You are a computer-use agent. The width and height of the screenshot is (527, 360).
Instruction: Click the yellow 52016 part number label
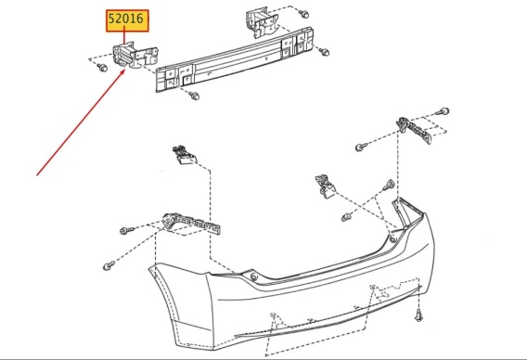pyautogui.click(x=127, y=20)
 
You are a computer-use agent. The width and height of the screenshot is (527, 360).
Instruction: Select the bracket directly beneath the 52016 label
pyautogui.click(x=135, y=56)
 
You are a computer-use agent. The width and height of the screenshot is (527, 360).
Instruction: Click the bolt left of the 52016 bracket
pyautogui.click(x=102, y=67)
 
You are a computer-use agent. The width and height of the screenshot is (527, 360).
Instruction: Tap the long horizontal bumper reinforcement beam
pyautogui.click(x=235, y=59)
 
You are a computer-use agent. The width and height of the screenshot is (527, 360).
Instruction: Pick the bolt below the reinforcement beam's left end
pyautogui.click(x=194, y=96)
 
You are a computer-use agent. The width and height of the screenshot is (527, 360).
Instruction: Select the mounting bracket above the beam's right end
pyautogui.click(x=262, y=21)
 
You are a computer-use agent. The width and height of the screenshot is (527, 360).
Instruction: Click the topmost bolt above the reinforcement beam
pyautogui.click(x=303, y=14)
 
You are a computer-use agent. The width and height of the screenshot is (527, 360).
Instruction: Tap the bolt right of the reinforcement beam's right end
pyautogui.click(x=324, y=52)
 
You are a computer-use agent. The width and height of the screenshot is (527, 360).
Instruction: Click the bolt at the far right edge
pyautogui.click(x=444, y=111)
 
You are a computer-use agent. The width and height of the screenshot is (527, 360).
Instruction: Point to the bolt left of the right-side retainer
pyautogui.click(x=361, y=147)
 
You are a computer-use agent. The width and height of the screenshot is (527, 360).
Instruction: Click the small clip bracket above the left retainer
pyautogui.click(x=184, y=155)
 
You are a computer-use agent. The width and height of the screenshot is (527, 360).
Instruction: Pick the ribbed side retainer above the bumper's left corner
pyautogui.click(x=191, y=223)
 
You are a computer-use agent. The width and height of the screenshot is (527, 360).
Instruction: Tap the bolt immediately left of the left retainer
pyautogui.click(x=126, y=231)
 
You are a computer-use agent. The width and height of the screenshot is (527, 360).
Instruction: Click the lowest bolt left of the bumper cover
pyautogui.click(x=109, y=266)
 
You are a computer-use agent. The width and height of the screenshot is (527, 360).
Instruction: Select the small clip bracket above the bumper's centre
pyautogui.click(x=325, y=186)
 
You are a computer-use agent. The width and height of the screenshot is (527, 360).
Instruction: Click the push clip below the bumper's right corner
pyautogui.click(x=418, y=315)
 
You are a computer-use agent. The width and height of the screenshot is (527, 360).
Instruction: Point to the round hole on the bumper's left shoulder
pyautogui.click(x=253, y=277)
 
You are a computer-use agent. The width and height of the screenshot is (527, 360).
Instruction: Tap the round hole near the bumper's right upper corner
pyautogui.click(x=392, y=239)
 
